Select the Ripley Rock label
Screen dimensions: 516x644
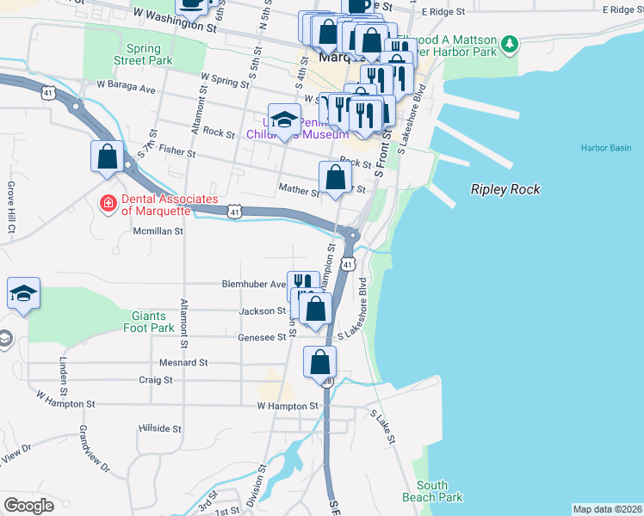(x=505, y=189)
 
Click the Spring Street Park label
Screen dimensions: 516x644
(x=143, y=54)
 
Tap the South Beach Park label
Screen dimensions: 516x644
(x=432, y=491)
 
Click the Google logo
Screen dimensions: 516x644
(x=28, y=506)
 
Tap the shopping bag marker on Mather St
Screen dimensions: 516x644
(x=336, y=178)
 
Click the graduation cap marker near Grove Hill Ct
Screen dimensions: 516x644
(x=24, y=293)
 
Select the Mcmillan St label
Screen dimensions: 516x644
(x=158, y=230)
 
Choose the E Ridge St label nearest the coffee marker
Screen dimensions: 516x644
(x=443, y=12)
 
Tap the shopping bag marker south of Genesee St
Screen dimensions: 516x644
(x=320, y=362)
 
